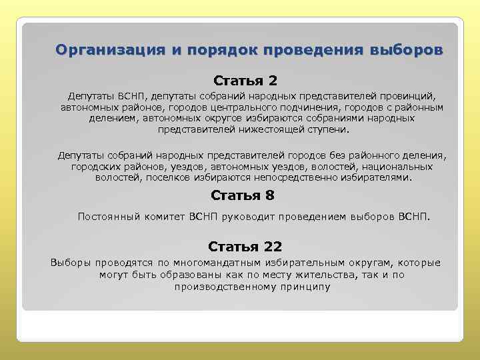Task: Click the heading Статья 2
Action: click(245, 81)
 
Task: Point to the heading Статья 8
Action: click(242, 195)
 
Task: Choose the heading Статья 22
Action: click(245, 247)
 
